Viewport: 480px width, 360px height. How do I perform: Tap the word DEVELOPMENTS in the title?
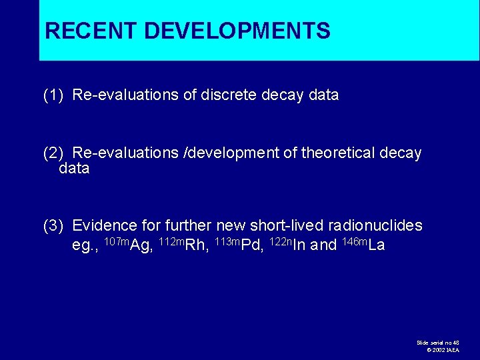pos(237,31)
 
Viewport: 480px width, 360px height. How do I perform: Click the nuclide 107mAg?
pos(128,244)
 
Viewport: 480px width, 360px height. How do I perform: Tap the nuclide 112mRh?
pos(181,244)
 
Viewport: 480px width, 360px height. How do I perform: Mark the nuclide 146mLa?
pos(363,244)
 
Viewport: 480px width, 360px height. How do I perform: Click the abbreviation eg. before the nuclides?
pos(85,245)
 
